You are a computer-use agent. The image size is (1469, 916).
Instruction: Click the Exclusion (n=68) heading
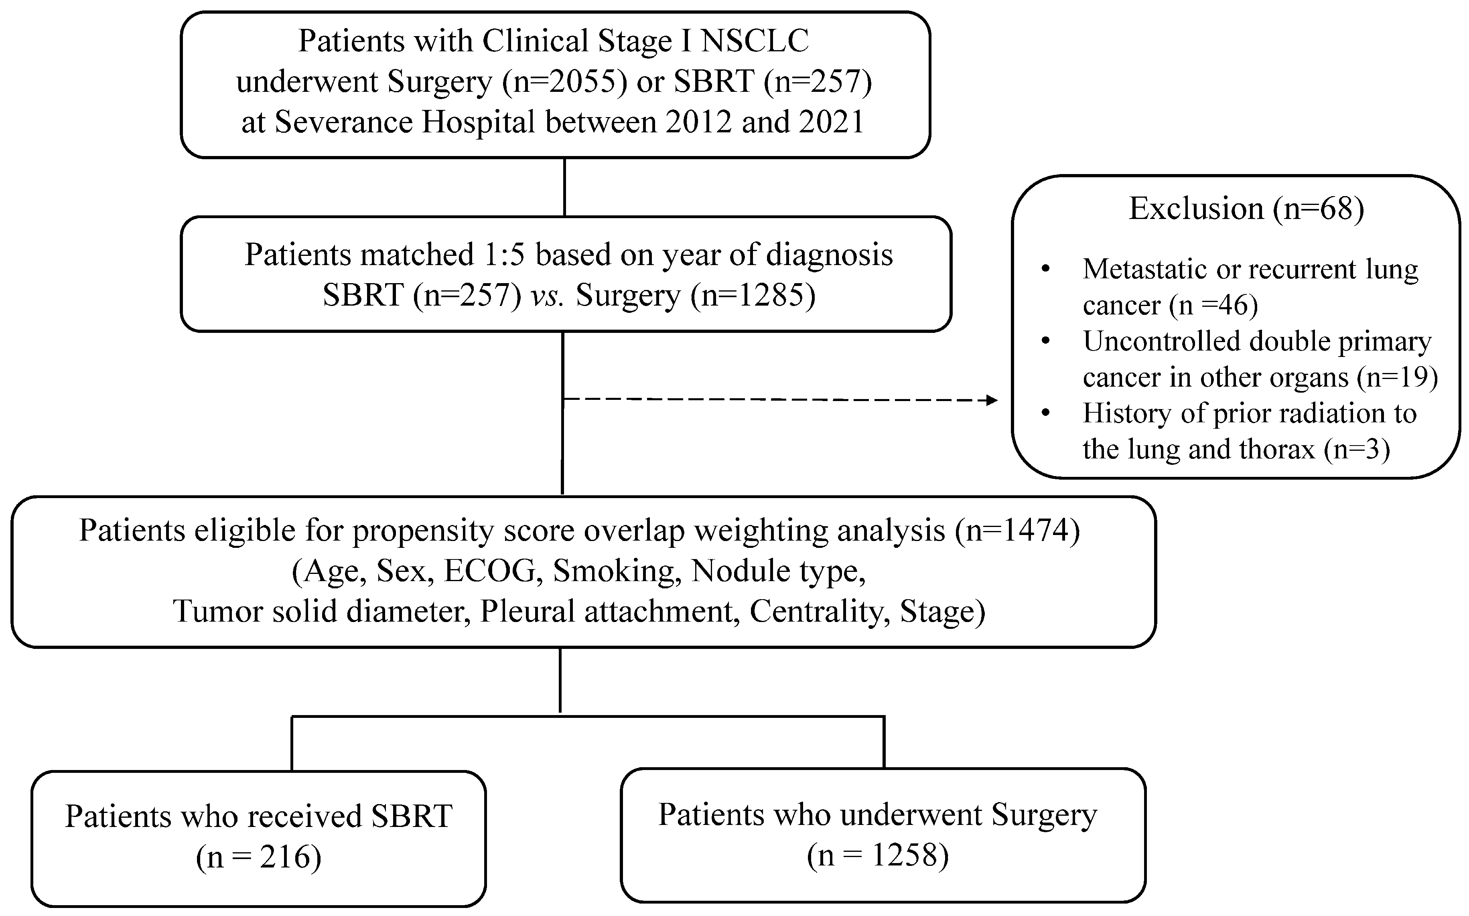click(1246, 209)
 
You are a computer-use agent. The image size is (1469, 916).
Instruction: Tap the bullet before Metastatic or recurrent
click(1045, 270)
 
